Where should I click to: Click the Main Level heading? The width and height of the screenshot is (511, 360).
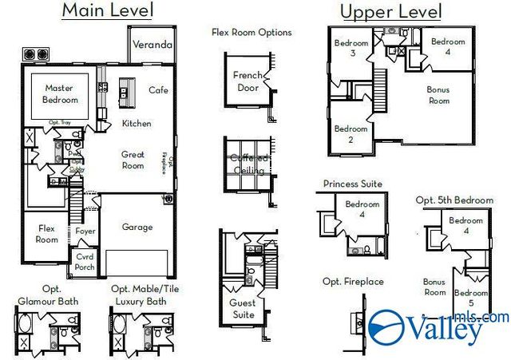click(107, 11)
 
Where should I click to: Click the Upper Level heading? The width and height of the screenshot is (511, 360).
click(390, 12)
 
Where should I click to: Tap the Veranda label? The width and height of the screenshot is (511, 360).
click(152, 45)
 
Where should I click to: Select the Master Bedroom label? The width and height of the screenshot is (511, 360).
click(61, 94)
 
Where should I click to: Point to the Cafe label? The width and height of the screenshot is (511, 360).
click(159, 90)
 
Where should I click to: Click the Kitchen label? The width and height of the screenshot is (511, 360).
click(137, 124)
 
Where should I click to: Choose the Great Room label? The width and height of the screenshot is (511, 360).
click(133, 160)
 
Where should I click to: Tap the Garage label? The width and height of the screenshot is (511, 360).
click(137, 227)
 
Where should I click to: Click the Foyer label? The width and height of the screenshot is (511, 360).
click(85, 231)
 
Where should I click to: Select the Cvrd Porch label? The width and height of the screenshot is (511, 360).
click(85, 263)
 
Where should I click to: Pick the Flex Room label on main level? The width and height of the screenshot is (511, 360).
click(47, 234)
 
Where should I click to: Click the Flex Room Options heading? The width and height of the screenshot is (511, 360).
click(252, 33)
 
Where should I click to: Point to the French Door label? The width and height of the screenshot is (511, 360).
click(248, 81)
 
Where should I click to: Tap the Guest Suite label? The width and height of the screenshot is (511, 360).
click(244, 309)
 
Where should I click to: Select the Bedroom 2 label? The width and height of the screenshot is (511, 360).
click(351, 134)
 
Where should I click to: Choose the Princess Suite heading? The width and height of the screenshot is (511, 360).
click(352, 184)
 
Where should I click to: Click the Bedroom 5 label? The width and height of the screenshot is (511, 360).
click(471, 299)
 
